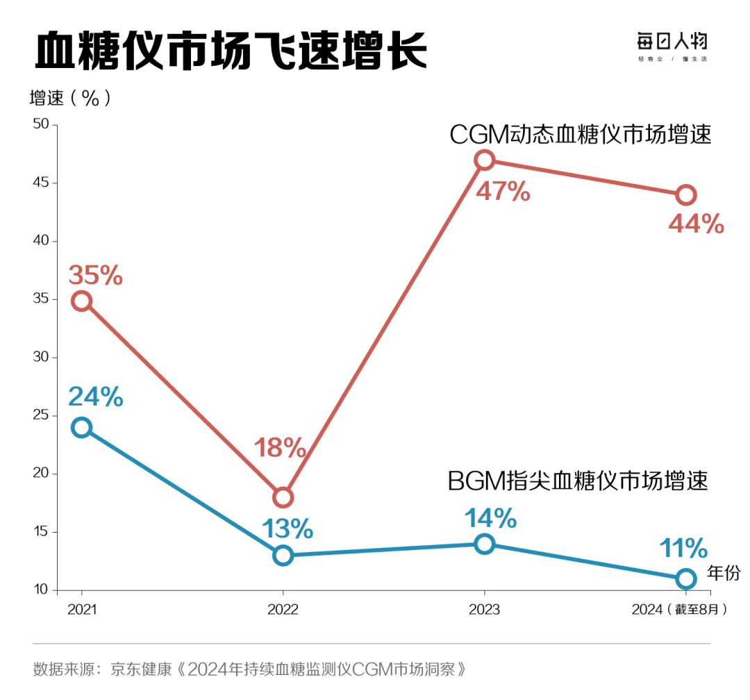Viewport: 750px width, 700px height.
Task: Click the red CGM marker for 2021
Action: (82, 301)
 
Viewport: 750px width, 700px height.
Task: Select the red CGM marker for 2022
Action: (283, 497)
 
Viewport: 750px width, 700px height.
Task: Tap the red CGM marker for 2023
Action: (484, 160)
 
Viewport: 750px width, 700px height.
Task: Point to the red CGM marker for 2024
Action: (685, 194)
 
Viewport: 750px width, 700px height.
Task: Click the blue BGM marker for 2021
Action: (82, 427)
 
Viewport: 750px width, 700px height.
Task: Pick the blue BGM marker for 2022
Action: (283, 556)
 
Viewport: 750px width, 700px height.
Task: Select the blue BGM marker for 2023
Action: (484, 544)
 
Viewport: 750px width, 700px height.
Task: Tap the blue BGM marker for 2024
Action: (685, 578)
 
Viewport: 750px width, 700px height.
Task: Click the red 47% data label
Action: (503, 191)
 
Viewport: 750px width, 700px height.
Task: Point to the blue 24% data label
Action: (96, 397)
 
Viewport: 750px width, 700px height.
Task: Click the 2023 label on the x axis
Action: (484, 610)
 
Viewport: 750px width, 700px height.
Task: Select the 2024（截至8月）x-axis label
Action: (680, 610)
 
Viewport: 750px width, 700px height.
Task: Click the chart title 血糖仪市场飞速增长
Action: (231, 50)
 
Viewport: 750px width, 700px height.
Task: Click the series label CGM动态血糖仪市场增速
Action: (581, 134)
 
